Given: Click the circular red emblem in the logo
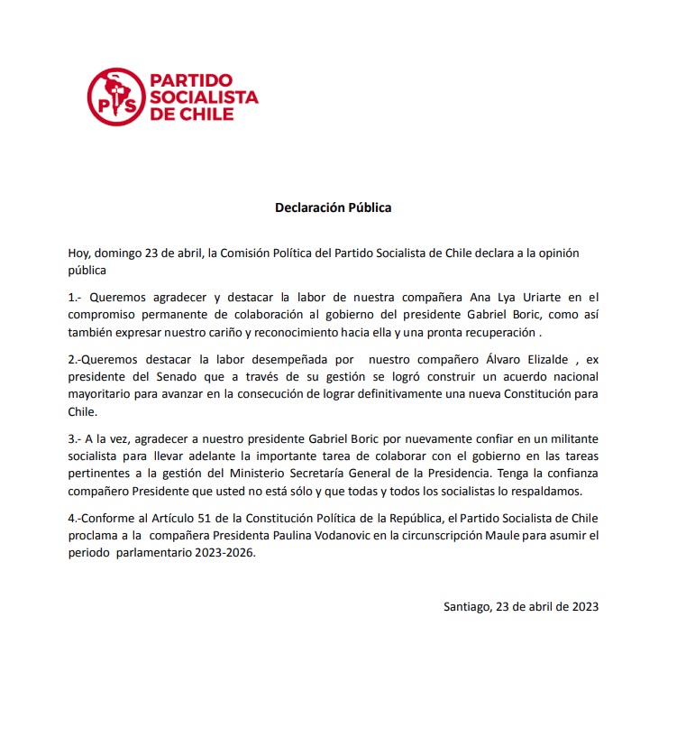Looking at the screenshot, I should pyautogui.click(x=117, y=97).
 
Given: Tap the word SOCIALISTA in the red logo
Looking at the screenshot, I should pyautogui.click(x=204, y=97).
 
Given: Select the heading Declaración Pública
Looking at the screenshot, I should pyautogui.click(x=334, y=207).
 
